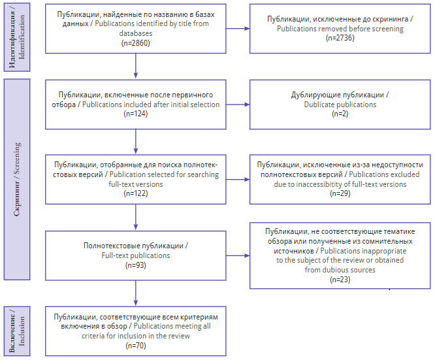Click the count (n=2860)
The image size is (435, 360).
pos(136,43)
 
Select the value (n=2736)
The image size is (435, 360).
pos(340,38)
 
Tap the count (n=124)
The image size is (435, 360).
pos(136,114)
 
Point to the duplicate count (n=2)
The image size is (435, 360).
pos(340,114)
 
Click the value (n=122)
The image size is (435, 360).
pos(136,193)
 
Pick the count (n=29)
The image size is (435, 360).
pos(340,193)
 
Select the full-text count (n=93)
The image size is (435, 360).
pos(136,265)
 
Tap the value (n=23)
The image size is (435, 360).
pos(340,280)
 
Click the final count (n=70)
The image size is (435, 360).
pos(136,346)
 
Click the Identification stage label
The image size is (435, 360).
pos(17,37)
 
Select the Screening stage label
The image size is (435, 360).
pos(17,179)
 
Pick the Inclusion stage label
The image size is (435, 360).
pos(17,331)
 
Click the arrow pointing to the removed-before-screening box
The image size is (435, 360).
pos(238,28)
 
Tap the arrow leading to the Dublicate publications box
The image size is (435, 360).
pos(238,105)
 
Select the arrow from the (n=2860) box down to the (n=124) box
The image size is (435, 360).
pos(136,66)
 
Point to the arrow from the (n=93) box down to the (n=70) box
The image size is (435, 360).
pos(136,293)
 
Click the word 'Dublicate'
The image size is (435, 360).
pos(317,105)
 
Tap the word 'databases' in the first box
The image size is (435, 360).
pos(136,33)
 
